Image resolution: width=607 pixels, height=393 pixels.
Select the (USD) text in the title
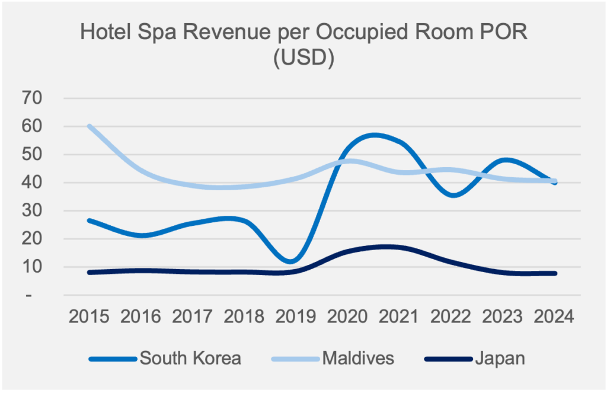pyautogui.click(x=303, y=59)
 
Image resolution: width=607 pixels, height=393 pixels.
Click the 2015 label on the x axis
pyautogui.click(x=89, y=316)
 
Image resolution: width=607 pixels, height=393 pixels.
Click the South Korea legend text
pyautogui.click(x=190, y=359)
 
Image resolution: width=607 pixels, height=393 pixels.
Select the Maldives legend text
pyautogui.click(x=358, y=359)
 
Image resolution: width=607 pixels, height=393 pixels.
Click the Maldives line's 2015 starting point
pyautogui.click(x=89, y=126)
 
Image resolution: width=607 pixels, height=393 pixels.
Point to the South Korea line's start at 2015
pyautogui.click(x=89, y=221)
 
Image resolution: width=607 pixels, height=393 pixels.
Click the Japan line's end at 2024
pyautogui.click(x=555, y=273)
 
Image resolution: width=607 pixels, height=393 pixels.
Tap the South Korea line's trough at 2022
pyautogui.click(x=453, y=195)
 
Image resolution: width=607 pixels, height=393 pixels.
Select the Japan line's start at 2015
pyautogui.click(x=89, y=273)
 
